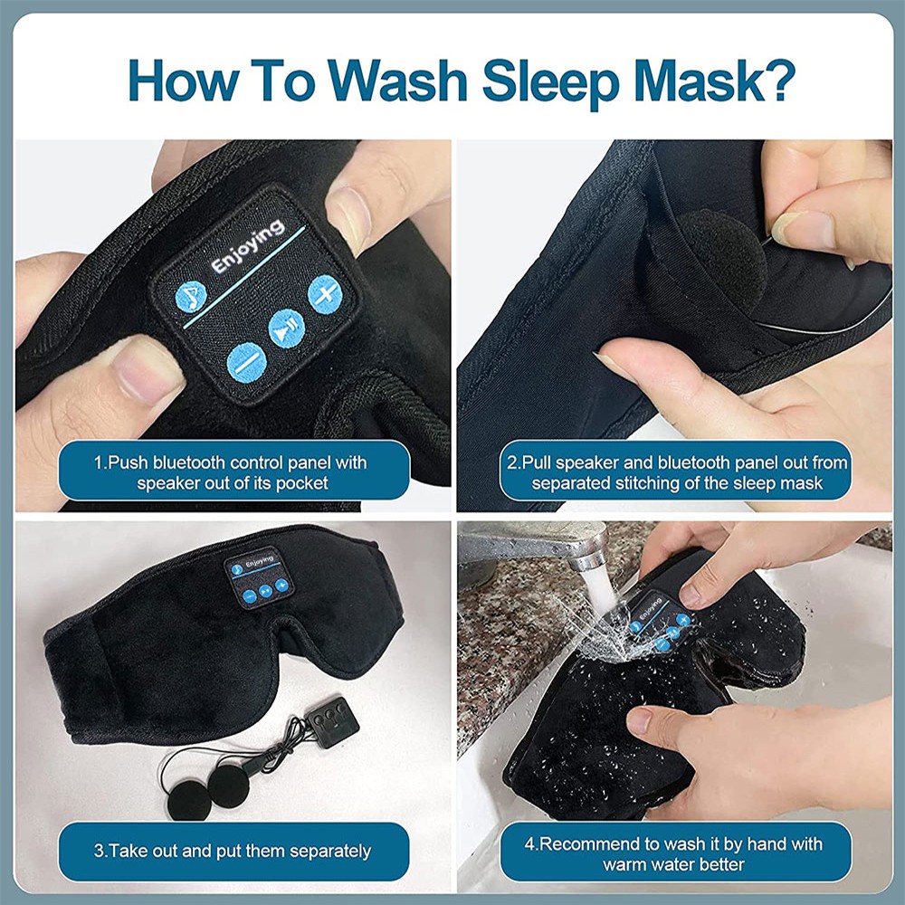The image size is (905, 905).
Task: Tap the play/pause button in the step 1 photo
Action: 286,327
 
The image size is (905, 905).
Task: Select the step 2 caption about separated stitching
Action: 677,472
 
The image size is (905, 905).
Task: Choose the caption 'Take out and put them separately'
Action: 233,851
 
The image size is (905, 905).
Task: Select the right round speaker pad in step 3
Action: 233,784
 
